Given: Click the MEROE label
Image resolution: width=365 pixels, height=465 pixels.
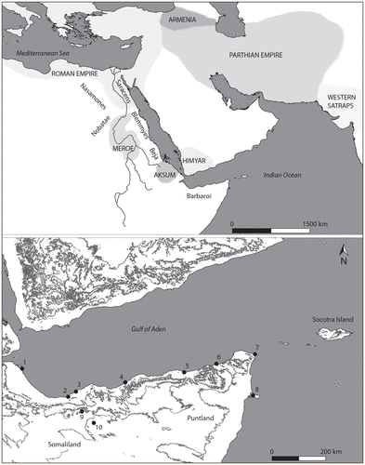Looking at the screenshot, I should pyautogui.click(x=116, y=154).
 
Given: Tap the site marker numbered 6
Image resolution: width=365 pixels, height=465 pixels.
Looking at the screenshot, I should pyautogui.click(x=216, y=364).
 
